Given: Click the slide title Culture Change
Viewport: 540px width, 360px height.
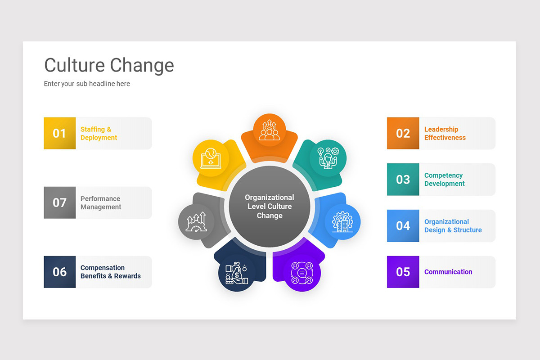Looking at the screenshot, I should click(x=109, y=65).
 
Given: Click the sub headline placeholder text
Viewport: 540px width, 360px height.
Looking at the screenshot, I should click(x=87, y=84).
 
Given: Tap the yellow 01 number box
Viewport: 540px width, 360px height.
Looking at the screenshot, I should click(x=59, y=133).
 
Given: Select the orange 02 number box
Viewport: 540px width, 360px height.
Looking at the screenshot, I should click(x=403, y=133).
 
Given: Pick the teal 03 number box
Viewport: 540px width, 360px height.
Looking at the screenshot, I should click(x=403, y=180).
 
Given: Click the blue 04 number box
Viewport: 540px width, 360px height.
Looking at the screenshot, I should click(x=403, y=226).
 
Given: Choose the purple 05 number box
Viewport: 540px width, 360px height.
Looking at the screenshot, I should click(x=403, y=272).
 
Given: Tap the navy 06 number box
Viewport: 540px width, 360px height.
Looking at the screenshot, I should click(x=59, y=272).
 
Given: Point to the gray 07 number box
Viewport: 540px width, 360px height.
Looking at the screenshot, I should click(x=59, y=202).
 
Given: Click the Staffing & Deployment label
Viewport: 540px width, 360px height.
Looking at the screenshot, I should click(x=99, y=134).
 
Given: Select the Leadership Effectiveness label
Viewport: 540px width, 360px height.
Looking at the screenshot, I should click(x=445, y=134).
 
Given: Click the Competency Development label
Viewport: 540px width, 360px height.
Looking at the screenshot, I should click(x=444, y=180).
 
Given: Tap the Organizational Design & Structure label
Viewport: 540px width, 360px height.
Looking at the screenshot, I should click(x=453, y=226).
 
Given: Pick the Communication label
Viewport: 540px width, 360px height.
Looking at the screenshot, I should click(x=448, y=272).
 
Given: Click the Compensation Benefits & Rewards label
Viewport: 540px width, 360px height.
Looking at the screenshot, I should click(x=110, y=272).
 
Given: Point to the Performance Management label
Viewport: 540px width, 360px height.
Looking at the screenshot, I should click(x=101, y=203).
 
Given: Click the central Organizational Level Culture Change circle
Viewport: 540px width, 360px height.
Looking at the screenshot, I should click(x=270, y=207).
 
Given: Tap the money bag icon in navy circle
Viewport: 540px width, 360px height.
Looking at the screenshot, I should click(x=237, y=274).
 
